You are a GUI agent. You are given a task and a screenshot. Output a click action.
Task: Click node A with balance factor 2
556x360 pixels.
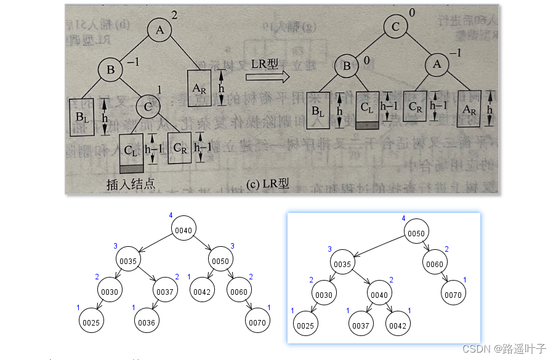click(159, 30)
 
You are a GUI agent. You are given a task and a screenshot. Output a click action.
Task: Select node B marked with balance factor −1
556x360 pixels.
click(111, 70)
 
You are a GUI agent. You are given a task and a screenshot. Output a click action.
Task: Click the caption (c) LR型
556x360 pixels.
click(266, 184)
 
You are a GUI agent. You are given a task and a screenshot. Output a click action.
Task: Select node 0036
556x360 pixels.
click(146, 322)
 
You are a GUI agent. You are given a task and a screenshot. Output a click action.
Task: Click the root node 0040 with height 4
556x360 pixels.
click(184, 230)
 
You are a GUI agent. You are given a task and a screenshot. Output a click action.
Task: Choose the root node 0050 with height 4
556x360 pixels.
click(417, 234)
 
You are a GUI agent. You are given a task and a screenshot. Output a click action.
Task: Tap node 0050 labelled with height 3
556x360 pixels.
click(220, 261)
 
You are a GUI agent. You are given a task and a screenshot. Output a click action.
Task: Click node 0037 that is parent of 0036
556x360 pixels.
click(165, 292)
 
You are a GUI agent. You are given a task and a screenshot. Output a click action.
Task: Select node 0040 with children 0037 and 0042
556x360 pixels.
click(379, 295)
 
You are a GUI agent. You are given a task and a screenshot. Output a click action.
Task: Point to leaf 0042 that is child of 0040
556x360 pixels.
click(398, 325)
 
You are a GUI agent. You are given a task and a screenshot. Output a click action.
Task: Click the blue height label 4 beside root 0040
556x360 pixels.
click(171, 215)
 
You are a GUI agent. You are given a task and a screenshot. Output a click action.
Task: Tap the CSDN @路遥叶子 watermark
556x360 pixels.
click(504, 349)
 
